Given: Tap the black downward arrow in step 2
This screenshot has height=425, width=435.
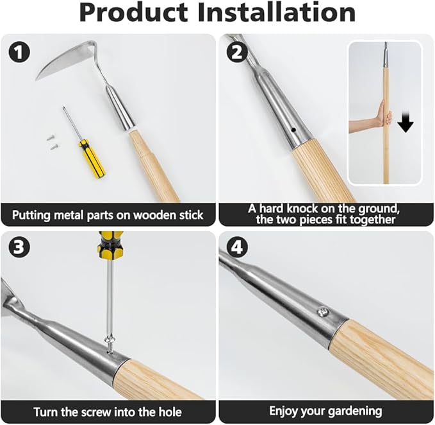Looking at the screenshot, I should click(x=406, y=122).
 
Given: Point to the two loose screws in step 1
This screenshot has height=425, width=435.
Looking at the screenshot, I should click(x=51, y=141).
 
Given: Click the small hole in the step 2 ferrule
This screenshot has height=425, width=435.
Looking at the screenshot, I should click(x=293, y=130).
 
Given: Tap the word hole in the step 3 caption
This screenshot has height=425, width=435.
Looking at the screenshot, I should click(x=168, y=412).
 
